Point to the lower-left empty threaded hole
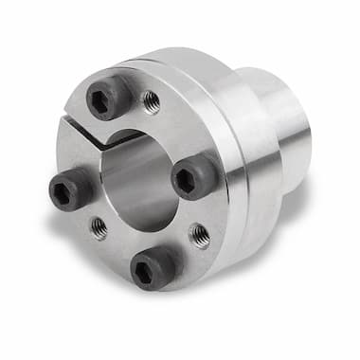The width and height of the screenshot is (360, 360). coord(99,226)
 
